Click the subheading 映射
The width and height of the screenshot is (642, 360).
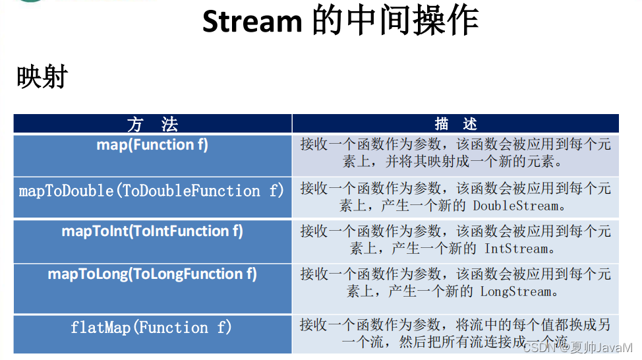pyautogui.click(x=42, y=78)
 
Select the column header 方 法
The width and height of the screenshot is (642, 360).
pyautogui.click(x=152, y=124)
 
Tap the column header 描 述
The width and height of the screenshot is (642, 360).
pyautogui.click(x=455, y=124)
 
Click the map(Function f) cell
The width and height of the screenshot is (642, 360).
pyautogui.click(x=152, y=145)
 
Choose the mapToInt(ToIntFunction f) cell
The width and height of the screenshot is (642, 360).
pyautogui.click(x=152, y=231)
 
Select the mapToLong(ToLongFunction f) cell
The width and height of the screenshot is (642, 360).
pyautogui.click(x=152, y=274)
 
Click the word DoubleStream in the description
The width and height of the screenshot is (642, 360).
pyautogui.click(x=515, y=206)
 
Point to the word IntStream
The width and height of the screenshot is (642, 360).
pyautogui.click(x=516, y=249)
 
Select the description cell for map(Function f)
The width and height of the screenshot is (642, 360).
pyautogui.click(x=455, y=153)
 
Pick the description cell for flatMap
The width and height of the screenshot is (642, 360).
pyautogui.click(x=455, y=333)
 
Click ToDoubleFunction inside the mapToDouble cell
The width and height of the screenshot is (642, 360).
pyautogui.click(x=190, y=191)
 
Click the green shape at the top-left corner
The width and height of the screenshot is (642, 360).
pyautogui.click(x=30, y=1)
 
